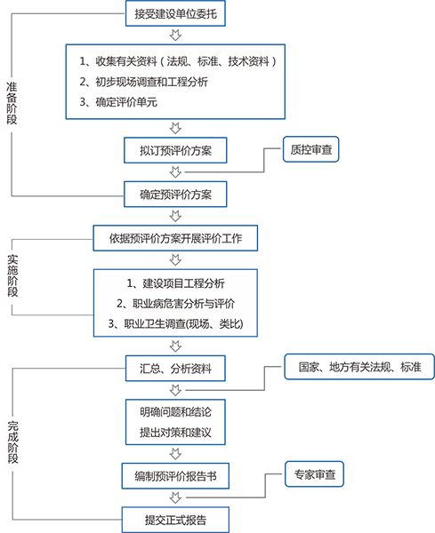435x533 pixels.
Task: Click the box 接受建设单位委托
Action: point(175,14)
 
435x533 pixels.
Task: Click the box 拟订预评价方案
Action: point(175,148)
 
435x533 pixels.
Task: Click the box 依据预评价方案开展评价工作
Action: point(175,237)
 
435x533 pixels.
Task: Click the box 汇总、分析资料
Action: point(175,368)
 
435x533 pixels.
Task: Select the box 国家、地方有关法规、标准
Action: point(358,366)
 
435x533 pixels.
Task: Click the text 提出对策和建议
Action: point(175,433)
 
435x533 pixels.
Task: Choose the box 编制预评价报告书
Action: point(175,476)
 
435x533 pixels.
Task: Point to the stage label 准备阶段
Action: point(12,102)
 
